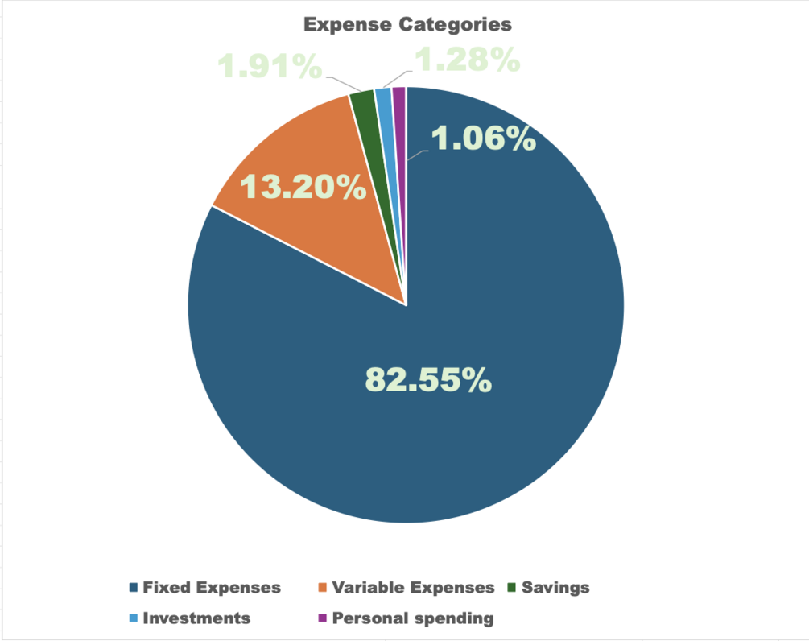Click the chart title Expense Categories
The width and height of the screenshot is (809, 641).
tap(407, 24)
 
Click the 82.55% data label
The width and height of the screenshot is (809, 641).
tap(428, 379)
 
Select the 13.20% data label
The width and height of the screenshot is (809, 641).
tap(303, 188)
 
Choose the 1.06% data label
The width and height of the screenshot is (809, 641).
tap(484, 139)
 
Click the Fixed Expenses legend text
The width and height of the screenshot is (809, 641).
tap(212, 587)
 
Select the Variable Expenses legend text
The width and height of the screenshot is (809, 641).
tap(413, 587)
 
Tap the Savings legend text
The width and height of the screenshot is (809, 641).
tap(555, 587)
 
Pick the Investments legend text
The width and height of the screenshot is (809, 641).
tap(196, 618)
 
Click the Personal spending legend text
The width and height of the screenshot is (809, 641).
tap(412, 618)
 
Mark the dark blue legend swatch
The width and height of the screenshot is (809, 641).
tap(134, 587)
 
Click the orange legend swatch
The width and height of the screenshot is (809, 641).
tap(323, 587)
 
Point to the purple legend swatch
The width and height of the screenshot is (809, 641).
tap(323, 618)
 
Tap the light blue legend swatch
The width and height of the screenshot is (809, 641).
tap(134, 618)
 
